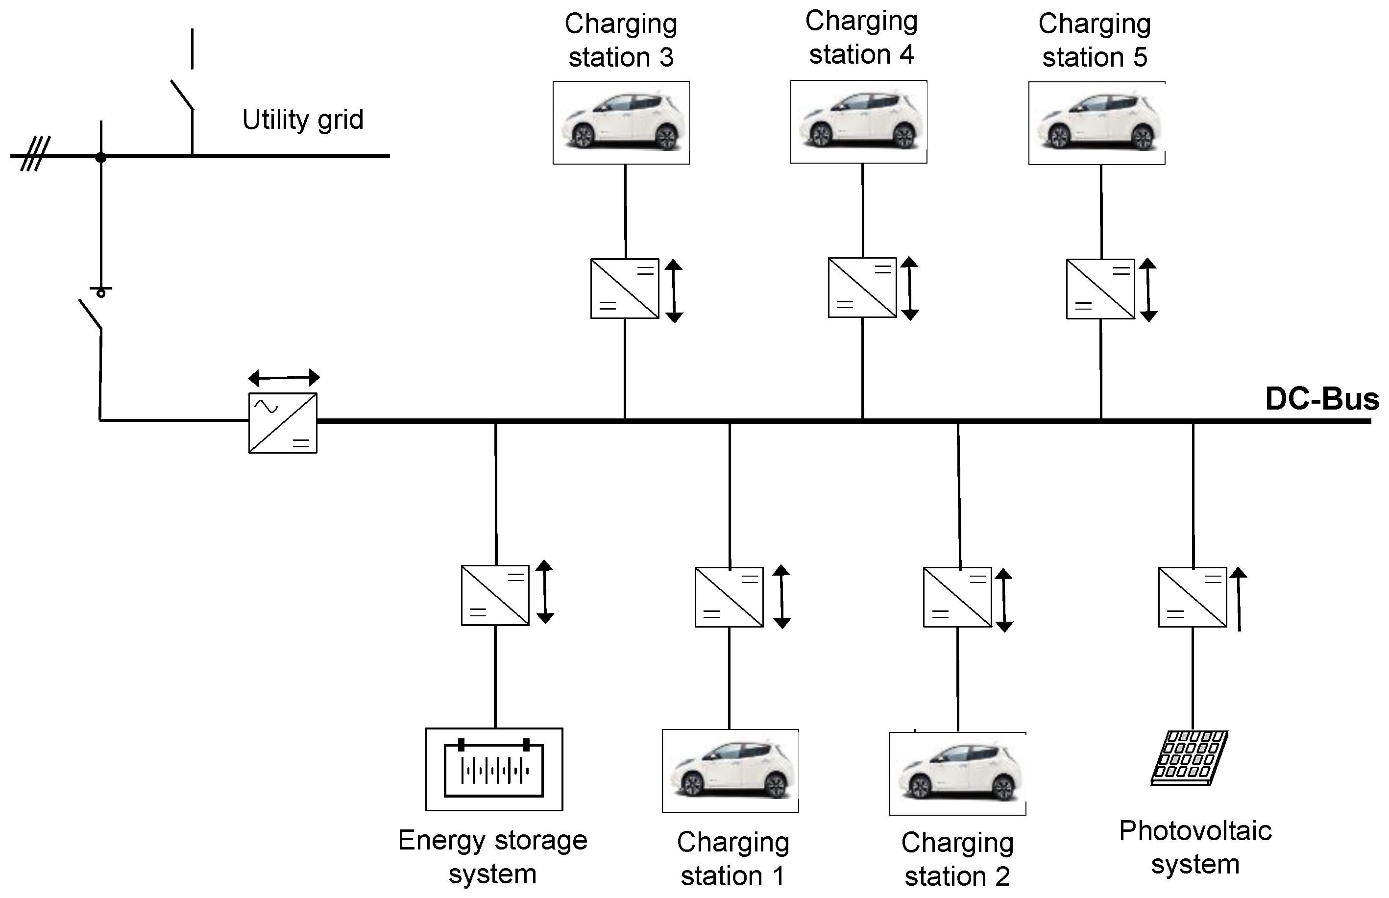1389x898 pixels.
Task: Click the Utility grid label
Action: coord(303,120)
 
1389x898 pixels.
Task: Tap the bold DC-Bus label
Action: coord(1322,399)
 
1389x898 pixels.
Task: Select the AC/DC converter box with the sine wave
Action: coord(283,423)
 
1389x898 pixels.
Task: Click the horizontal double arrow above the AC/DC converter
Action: coord(284,378)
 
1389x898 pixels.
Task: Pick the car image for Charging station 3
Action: coord(621,122)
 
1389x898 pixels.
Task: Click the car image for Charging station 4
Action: coord(858,121)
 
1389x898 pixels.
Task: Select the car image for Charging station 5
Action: coord(1097,123)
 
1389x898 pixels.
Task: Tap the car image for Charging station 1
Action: coord(730,771)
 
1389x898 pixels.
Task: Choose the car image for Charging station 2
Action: coord(957,774)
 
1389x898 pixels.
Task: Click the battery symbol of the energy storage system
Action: coord(494,770)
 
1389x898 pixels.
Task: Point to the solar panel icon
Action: coord(1190,758)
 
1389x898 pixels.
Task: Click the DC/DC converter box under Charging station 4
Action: coord(862,288)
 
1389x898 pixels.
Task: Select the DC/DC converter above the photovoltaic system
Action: coord(1193,597)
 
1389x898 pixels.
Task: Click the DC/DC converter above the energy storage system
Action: coord(495,595)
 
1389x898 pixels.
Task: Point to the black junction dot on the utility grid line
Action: coord(101,157)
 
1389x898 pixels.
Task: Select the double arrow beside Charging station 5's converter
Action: coord(1148,291)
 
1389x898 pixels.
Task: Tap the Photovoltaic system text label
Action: coord(1195,847)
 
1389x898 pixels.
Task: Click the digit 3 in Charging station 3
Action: coord(666,58)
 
